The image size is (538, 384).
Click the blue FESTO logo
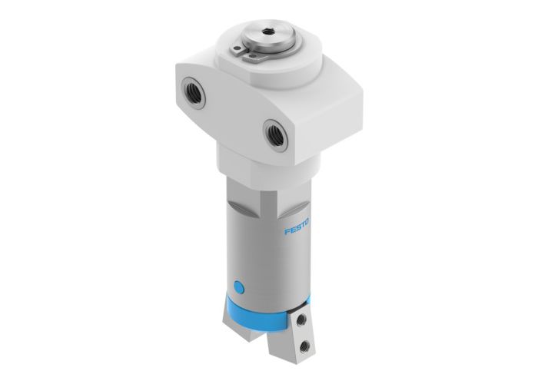[x=298, y=232]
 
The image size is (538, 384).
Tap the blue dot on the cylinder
[x=239, y=288]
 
